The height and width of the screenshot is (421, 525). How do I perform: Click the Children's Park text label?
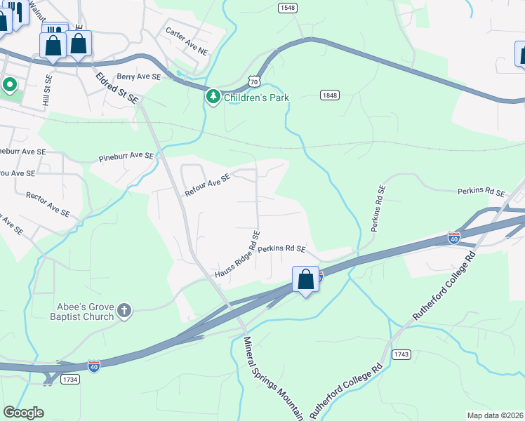[257, 97]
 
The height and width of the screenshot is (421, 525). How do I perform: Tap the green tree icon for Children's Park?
[213, 96]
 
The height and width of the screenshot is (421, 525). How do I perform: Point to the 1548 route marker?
[286, 8]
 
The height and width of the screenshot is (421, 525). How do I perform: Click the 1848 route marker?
[330, 95]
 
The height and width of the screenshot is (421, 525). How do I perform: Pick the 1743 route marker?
[401, 355]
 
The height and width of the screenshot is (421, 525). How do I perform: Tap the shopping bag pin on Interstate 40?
[305, 280]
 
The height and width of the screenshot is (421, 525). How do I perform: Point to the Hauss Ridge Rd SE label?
[238, 254]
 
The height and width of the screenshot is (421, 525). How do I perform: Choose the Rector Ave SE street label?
[48, 203]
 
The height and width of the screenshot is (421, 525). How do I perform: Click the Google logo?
[24, 413]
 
